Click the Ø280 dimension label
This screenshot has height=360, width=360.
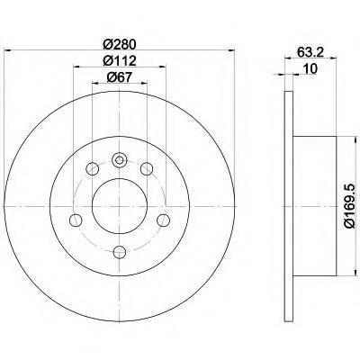pos(120,45)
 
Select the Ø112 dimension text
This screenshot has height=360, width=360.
pos(120,61)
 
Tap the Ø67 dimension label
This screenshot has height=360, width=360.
pos(120,77)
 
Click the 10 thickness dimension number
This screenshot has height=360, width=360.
pos(310,69)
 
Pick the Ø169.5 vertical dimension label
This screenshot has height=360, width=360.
pos(350,206)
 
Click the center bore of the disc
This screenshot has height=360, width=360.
pos(120,206)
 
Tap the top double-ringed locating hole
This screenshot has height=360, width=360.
pos(120,160)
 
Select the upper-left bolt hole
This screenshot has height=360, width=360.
pos(92,168)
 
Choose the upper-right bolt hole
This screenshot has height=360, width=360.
pos(147,168)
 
